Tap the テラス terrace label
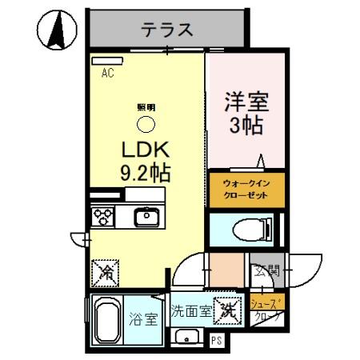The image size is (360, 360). [x=166, y=30]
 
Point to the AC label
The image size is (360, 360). [x=107, y=74]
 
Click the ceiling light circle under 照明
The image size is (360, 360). [x=146, y=124]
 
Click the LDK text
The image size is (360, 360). [x=144, y=150]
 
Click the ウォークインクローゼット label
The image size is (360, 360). [x=246, y=190]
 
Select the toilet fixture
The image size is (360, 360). [x=254, y=229]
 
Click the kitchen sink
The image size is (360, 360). [x=146, y=216]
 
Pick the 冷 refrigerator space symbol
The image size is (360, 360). [x=104, y=272]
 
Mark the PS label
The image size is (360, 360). [x=216, y=340]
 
